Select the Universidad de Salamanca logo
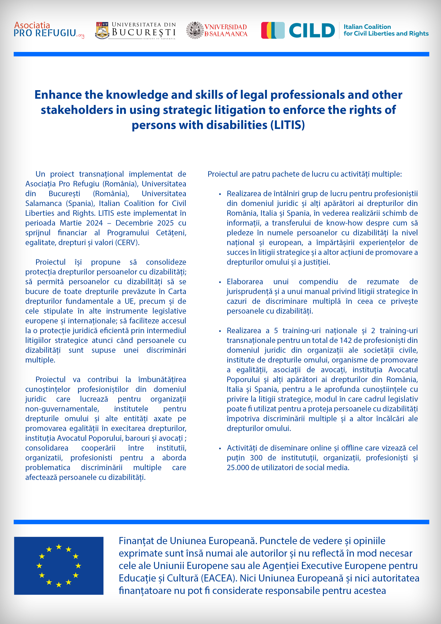[x=217, y=30]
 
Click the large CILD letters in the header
[x=312, y=30]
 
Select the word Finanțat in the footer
[x=135, y=541]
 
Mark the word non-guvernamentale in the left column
[x=62, y=409]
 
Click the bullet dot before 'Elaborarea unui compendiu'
[x=220, y=282]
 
